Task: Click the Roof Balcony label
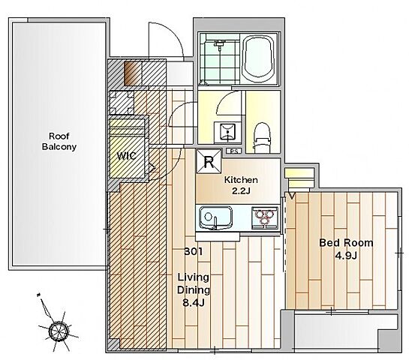pos(59,141)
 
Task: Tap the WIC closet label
pos(127,156)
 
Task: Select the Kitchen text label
pos(241,179)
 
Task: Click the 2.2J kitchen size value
pos(241,191)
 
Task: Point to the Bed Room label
pos(346,243)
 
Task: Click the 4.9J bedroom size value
pos(346,256)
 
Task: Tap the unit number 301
pos(194,251)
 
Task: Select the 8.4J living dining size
pos(194,303)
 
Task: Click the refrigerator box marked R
pos(209,161)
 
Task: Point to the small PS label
pos(234,151)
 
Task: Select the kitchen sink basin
pos(215,218)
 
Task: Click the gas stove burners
pos(264,218)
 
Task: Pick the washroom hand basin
pos(227,132)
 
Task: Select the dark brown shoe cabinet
pos(133,73)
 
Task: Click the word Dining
pos(194,290)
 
